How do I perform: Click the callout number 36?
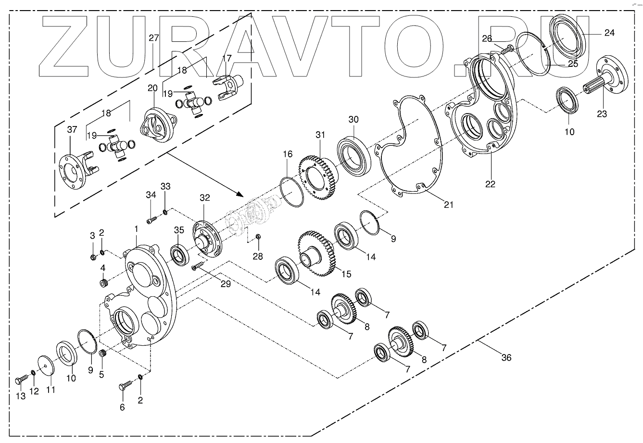(506, 357)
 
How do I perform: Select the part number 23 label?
(602, 114)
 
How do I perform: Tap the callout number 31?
(321, 135)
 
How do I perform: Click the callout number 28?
(258, 256)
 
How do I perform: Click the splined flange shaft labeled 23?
(606, 82)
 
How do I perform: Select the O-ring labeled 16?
(292, 192)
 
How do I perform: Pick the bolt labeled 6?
(125, 385)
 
